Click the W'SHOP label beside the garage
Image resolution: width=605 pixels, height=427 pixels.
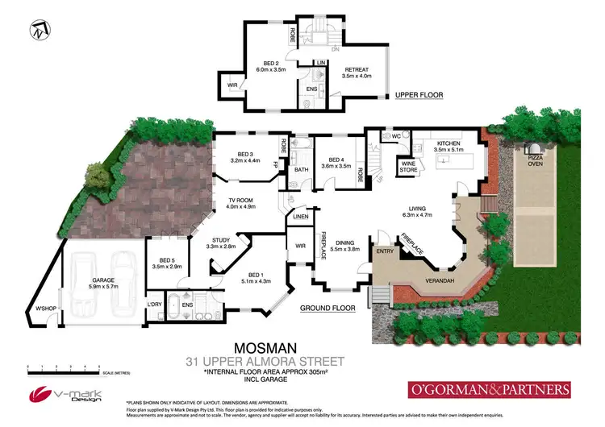pos(45,307)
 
